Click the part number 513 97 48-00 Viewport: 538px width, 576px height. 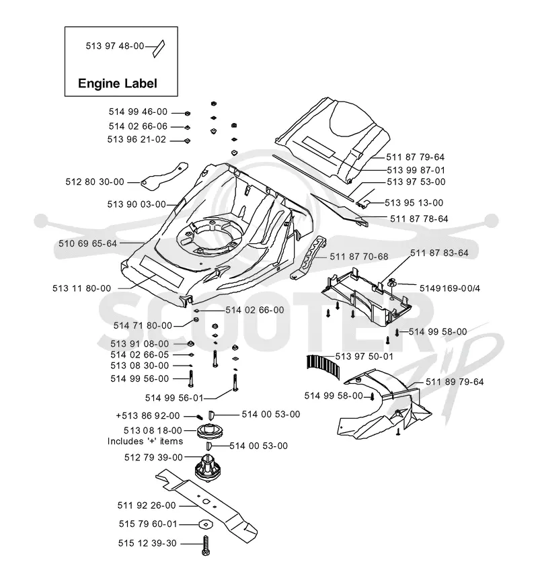(115, 46)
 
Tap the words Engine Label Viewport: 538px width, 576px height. (118, 83)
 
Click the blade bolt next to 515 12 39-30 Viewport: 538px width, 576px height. (205, 545)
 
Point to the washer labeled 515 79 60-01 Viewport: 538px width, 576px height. (206, 524)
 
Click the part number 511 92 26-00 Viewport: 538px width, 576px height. (147, 505)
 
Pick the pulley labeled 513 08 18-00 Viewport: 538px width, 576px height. (210, 431)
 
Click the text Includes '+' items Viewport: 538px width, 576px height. (145, 441)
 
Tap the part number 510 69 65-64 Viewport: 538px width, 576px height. (88, 243)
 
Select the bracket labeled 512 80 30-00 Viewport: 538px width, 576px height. (164, 175)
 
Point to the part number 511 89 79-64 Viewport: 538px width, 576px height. (455, 382)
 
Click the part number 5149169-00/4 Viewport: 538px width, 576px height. (450, 288)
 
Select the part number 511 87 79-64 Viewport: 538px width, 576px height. (415, 157)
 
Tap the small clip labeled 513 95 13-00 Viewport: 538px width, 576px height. (362, 203)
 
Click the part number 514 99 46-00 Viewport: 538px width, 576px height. (138, 112)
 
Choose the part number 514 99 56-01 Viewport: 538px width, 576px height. (174, 398)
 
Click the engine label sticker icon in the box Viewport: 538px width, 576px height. (159, 49)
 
